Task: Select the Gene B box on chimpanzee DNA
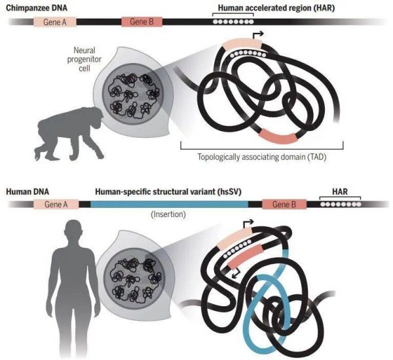click(x=141, y=22)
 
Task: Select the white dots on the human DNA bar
click(x=338, y=205)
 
